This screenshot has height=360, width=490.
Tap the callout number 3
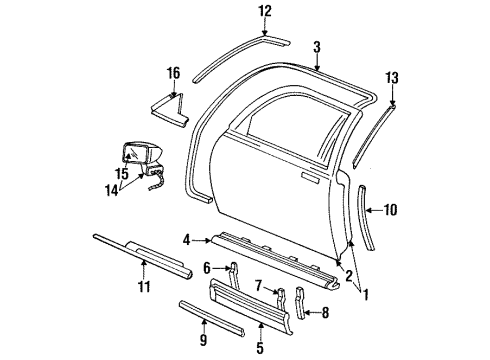[316, 46]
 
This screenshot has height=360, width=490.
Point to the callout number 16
[173, 72]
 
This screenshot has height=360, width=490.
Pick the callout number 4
[186, 240]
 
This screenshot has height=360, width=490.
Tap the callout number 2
[348, 277]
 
